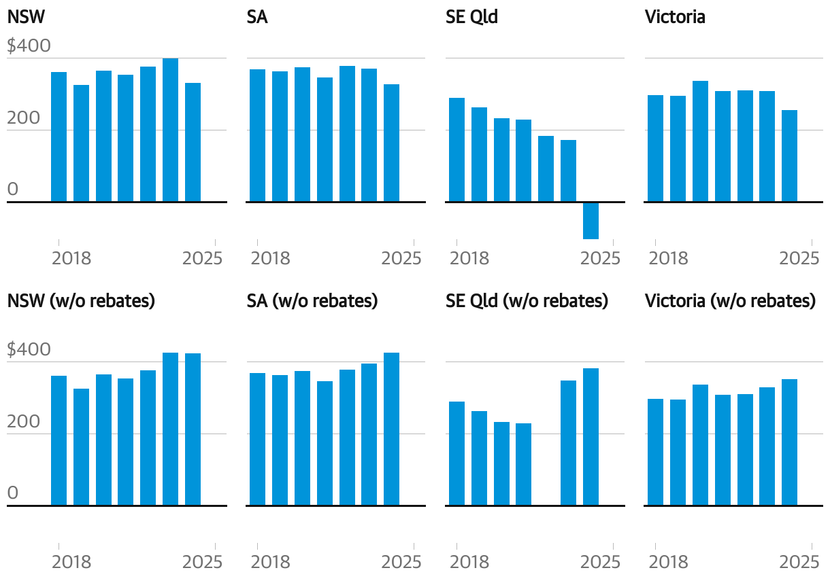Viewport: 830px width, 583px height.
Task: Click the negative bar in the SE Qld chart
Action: pos(591,221)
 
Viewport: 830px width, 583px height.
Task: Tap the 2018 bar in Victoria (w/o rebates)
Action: pos(655,452)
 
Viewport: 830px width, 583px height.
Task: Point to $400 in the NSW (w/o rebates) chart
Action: pos(29,350)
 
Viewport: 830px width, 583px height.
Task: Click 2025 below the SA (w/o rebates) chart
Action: pos(401,562)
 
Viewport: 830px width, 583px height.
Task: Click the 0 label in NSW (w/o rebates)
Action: pos(13,493)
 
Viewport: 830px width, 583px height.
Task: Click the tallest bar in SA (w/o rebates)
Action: pos(391,429)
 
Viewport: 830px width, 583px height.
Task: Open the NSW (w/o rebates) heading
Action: pos(81,300)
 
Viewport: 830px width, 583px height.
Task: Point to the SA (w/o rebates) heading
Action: pos(312,300)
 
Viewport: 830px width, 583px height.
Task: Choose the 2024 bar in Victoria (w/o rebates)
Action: pos(789,442)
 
